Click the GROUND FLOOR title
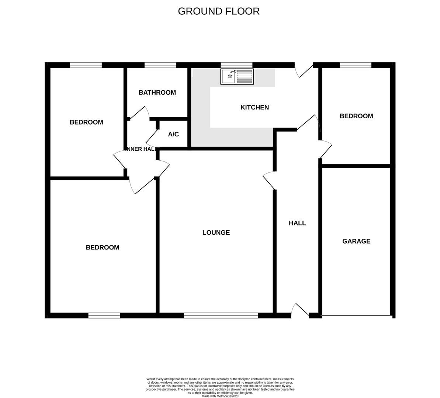(x=219, y=11)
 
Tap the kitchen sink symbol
(x=237, y=76)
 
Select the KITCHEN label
(x=254, y=107)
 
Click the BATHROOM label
(x=157, y=92)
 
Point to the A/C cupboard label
(x=173, y=134)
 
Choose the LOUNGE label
(x=216, y=233)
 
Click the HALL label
(x=297, y=223)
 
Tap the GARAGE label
(x=356, y=241)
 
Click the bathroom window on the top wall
(x=160, y=65)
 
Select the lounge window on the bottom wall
(x=221, y=315)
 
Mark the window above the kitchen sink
(x=236, y=65)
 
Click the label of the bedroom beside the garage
(x=356, y=116)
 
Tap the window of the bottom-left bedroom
(x=104, y=315)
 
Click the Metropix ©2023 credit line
(x=220, y=396)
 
